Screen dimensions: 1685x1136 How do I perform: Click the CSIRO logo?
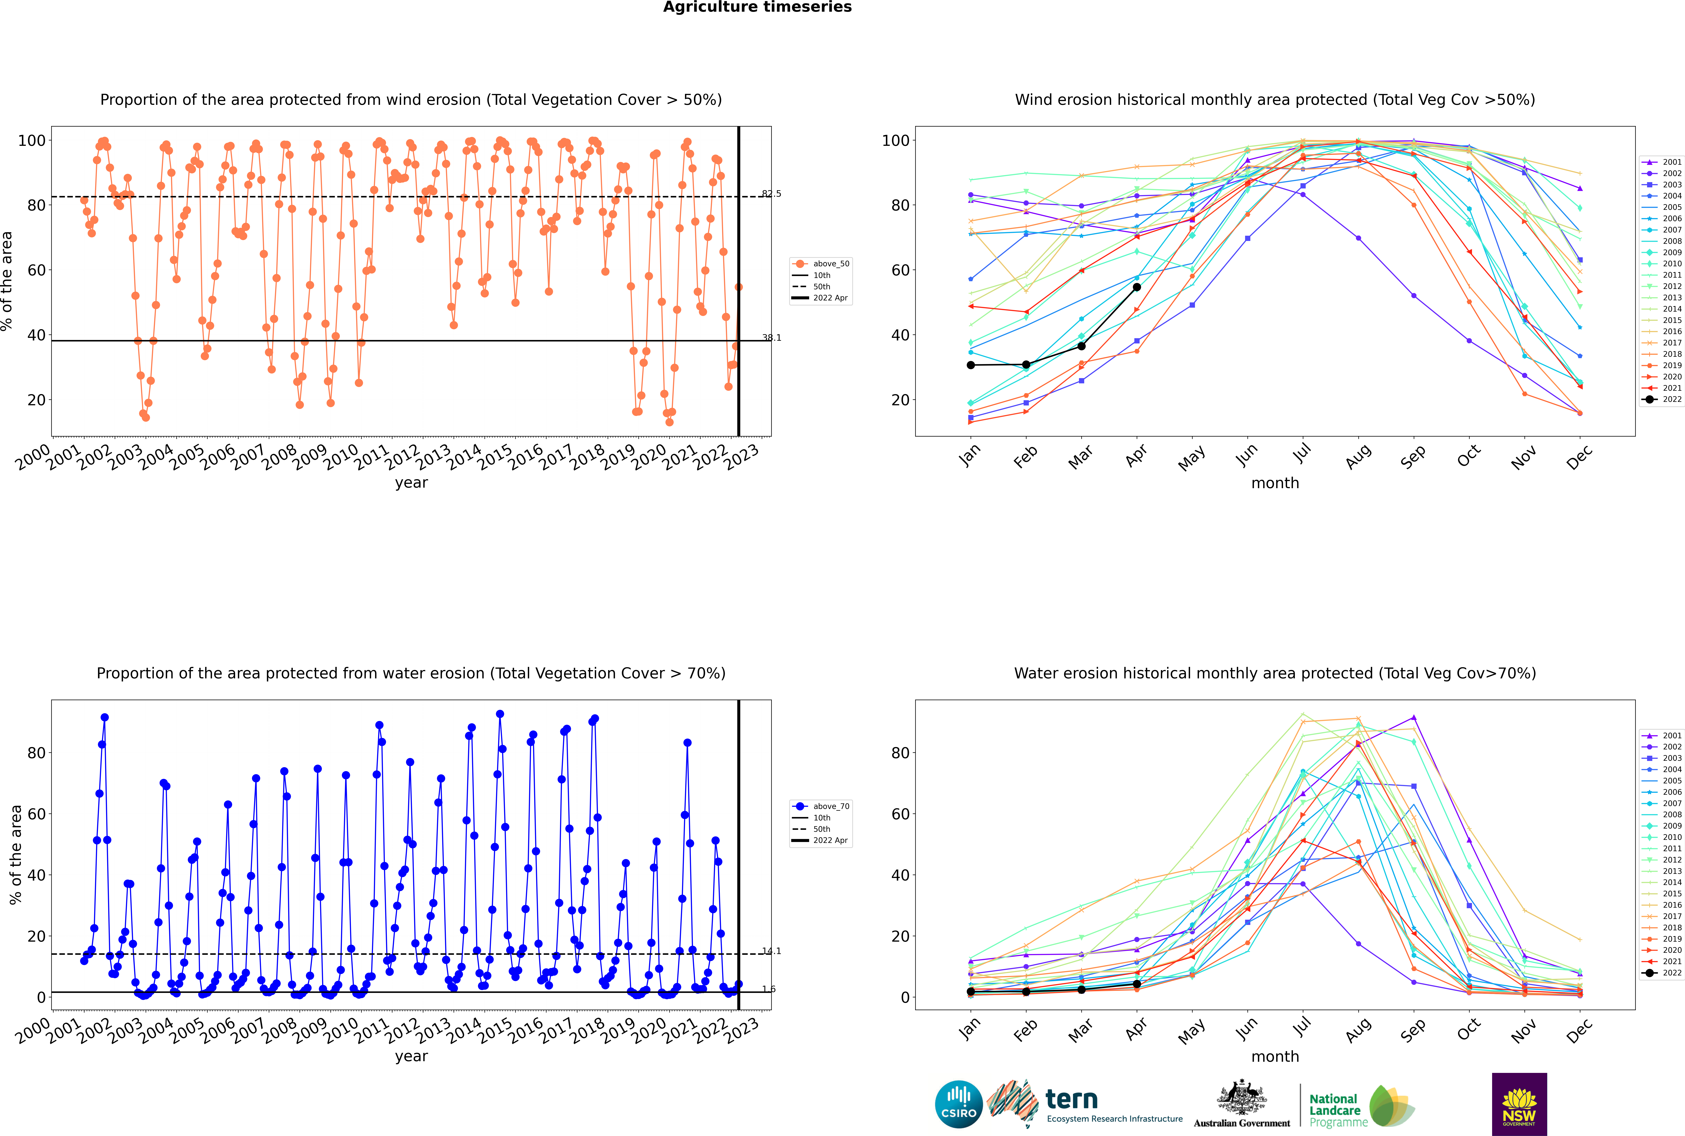pos(958,1104)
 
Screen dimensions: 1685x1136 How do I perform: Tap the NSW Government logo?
pos(1519,1104)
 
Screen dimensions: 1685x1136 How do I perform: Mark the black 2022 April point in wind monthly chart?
pos(1137,287)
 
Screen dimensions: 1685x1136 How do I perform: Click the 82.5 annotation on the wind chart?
pos(772,193)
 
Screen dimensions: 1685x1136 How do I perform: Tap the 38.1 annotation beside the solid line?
pos(772,338)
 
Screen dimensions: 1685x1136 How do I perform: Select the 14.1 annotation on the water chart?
pos(772,951)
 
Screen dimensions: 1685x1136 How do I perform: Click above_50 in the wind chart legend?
pos(831,264)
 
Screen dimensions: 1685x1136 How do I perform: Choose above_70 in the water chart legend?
pos(831,806)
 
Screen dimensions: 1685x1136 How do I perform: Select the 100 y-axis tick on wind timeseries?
pos(32,141)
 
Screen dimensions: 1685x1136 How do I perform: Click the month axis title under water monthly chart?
pos(1275,1056)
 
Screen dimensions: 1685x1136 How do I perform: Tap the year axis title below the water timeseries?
pos(411,1056)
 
